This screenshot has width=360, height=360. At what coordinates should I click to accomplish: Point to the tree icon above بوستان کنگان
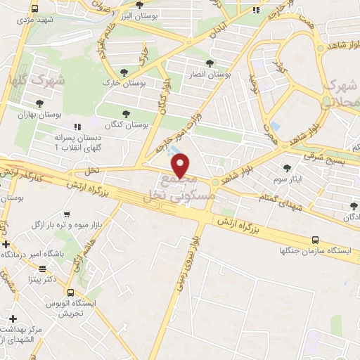pyautogui.click(x=127, y=113)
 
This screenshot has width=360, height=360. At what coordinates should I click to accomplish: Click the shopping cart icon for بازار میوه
pyautogui.click(x=67, y=214)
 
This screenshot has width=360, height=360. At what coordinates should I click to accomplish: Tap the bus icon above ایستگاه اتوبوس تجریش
pyautogui.click(x=70, y=292)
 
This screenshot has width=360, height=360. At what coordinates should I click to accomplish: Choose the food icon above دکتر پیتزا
pyautogui.click(x=42, y=268)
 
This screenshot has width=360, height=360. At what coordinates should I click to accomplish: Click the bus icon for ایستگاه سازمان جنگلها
pyautogui.click(x=314, y=239)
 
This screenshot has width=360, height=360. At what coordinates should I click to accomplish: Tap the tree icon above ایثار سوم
pyautogui.click(x=288, y=167)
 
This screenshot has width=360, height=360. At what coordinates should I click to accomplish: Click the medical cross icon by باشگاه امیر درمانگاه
pyautogui.click(x=6, y=245)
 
